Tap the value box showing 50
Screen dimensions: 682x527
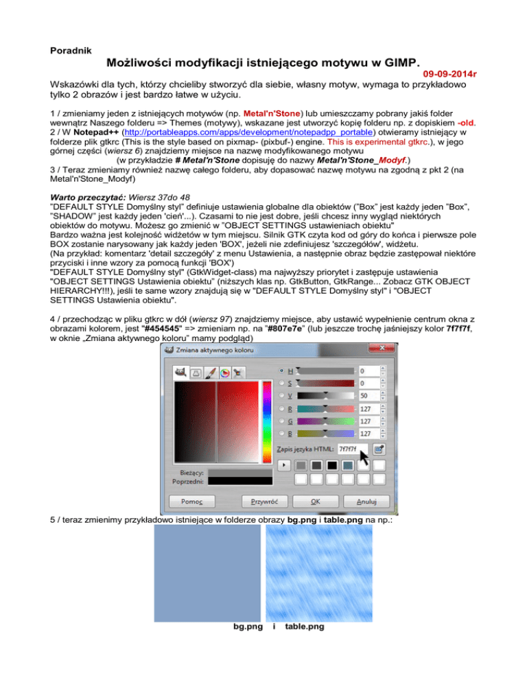point(368,396)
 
